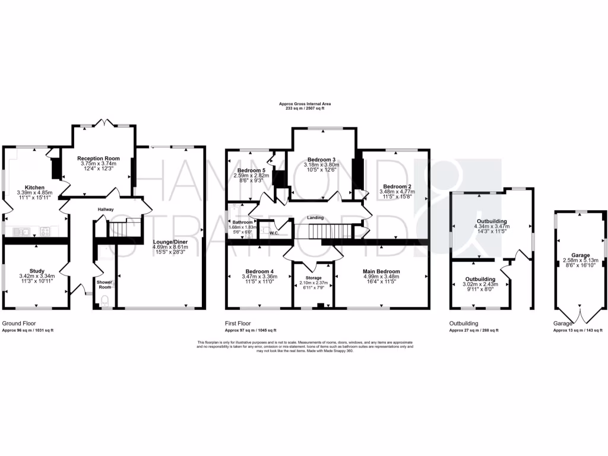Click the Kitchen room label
[x=35, y=186]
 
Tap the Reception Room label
[x=99, y=159]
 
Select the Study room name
[x=37, y=271]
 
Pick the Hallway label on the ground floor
[x=106, y=209]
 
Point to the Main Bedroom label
[x=381, y=271]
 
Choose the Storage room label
[x=313, y=278]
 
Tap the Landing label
[x=315, y=217]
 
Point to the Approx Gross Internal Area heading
[x=305, y=104]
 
